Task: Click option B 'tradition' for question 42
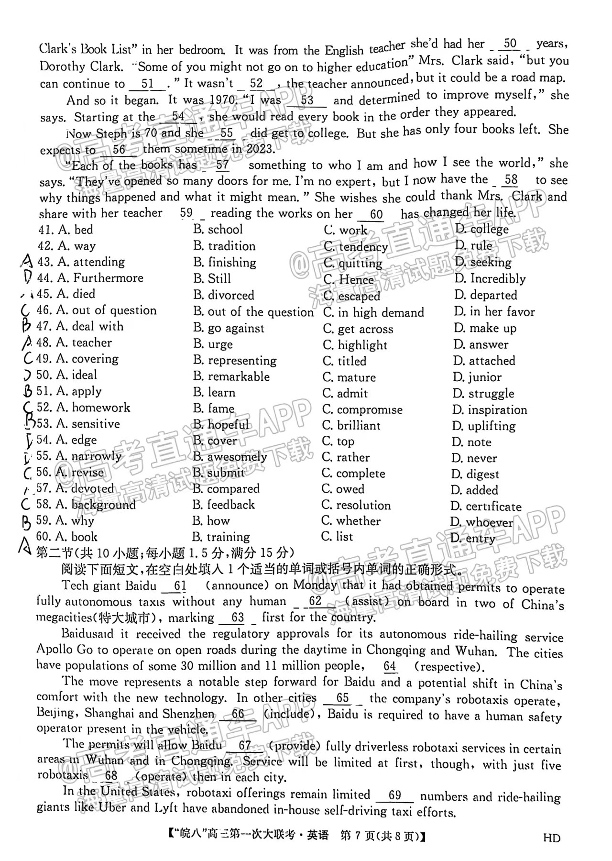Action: pos(225,246)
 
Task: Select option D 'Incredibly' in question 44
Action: pos(490,279)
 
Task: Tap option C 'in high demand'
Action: pos(374,313)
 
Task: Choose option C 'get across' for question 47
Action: pos(358,329)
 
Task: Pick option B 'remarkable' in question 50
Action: pos(231,377)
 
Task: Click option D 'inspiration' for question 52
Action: pos(490,410)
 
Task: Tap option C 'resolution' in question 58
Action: pos(356,506)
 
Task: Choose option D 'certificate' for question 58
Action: pos(486,507)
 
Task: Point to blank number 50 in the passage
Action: pos(510,44)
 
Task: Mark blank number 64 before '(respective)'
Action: pos(390,666)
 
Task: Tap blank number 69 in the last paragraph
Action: pos(395,795)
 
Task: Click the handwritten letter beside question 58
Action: pos(26,504)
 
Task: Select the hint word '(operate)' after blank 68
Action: pos(161,776)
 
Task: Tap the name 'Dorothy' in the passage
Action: pos(62,67)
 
